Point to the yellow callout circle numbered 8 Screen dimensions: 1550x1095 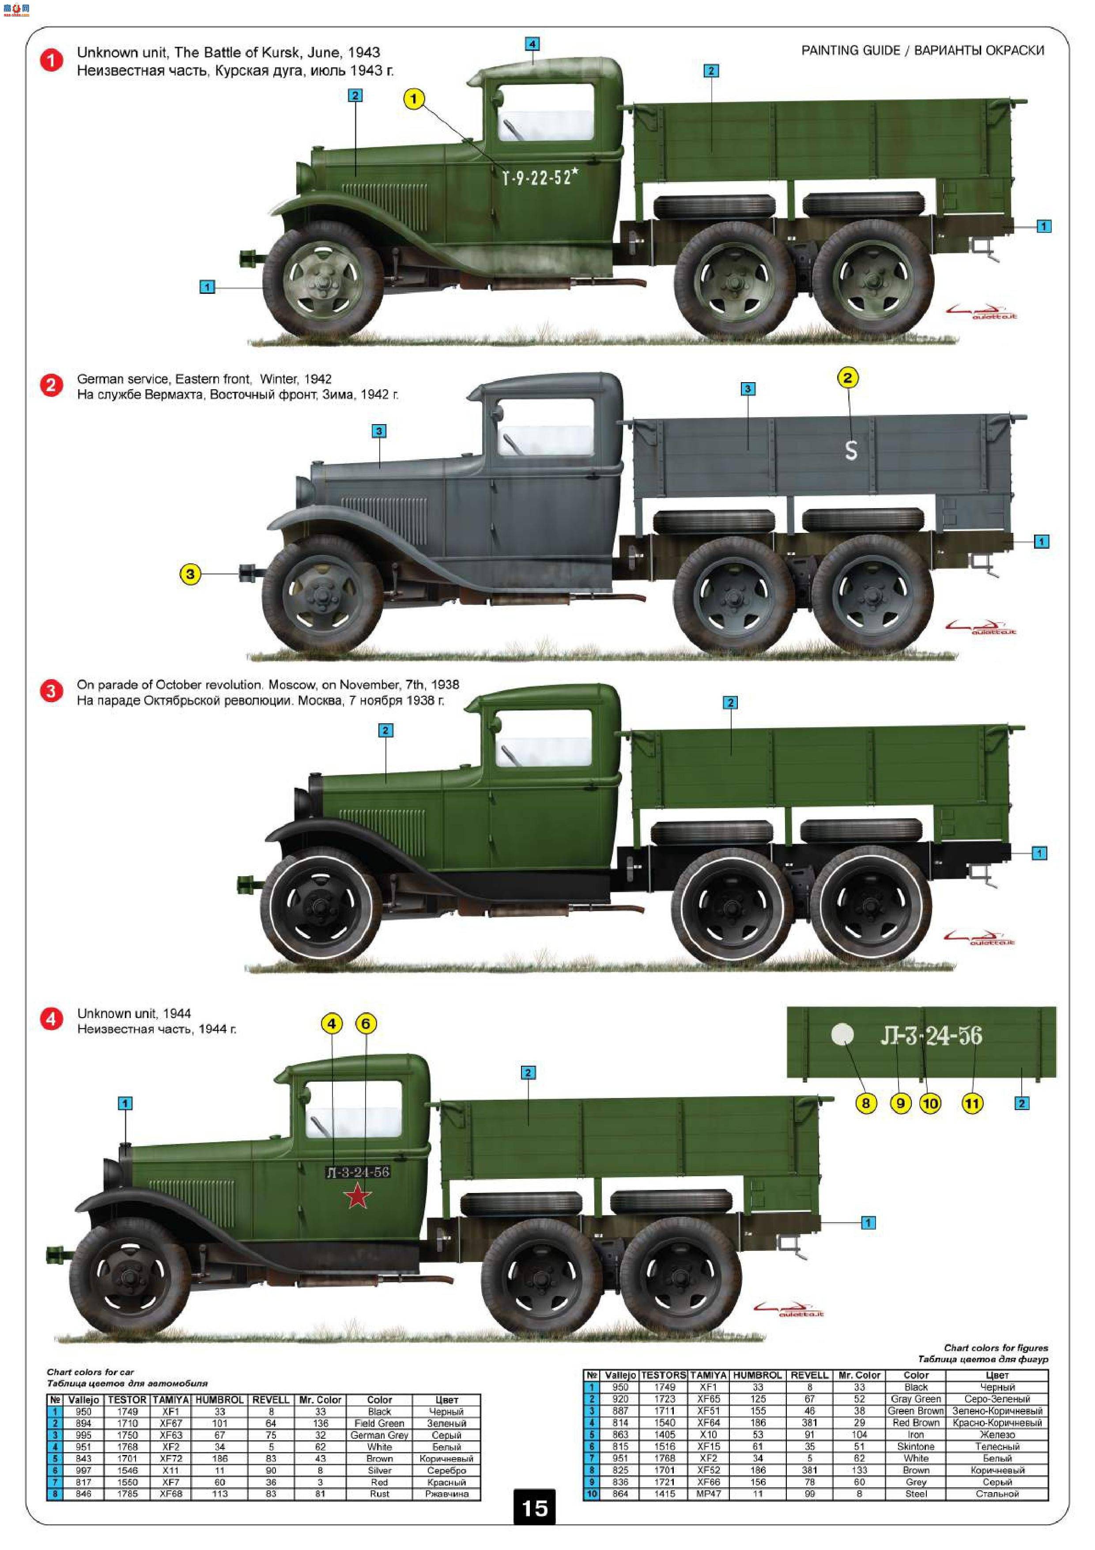(865, 1103)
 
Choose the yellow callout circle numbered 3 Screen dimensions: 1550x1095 (190, 574)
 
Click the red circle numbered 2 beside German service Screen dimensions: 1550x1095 (51, 386)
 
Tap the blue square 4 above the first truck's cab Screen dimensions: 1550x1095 (532, 44)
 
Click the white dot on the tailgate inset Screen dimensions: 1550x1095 (843, 1034)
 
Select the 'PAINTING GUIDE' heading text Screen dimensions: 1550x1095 (850, 51)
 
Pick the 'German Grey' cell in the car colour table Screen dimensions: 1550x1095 (379, 1435)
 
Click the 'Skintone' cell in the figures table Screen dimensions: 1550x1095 (916, 1447)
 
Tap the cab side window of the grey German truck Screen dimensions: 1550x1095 (545, 427)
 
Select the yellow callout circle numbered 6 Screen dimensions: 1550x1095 (366, 1024)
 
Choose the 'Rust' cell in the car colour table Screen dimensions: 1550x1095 (379, 1494)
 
